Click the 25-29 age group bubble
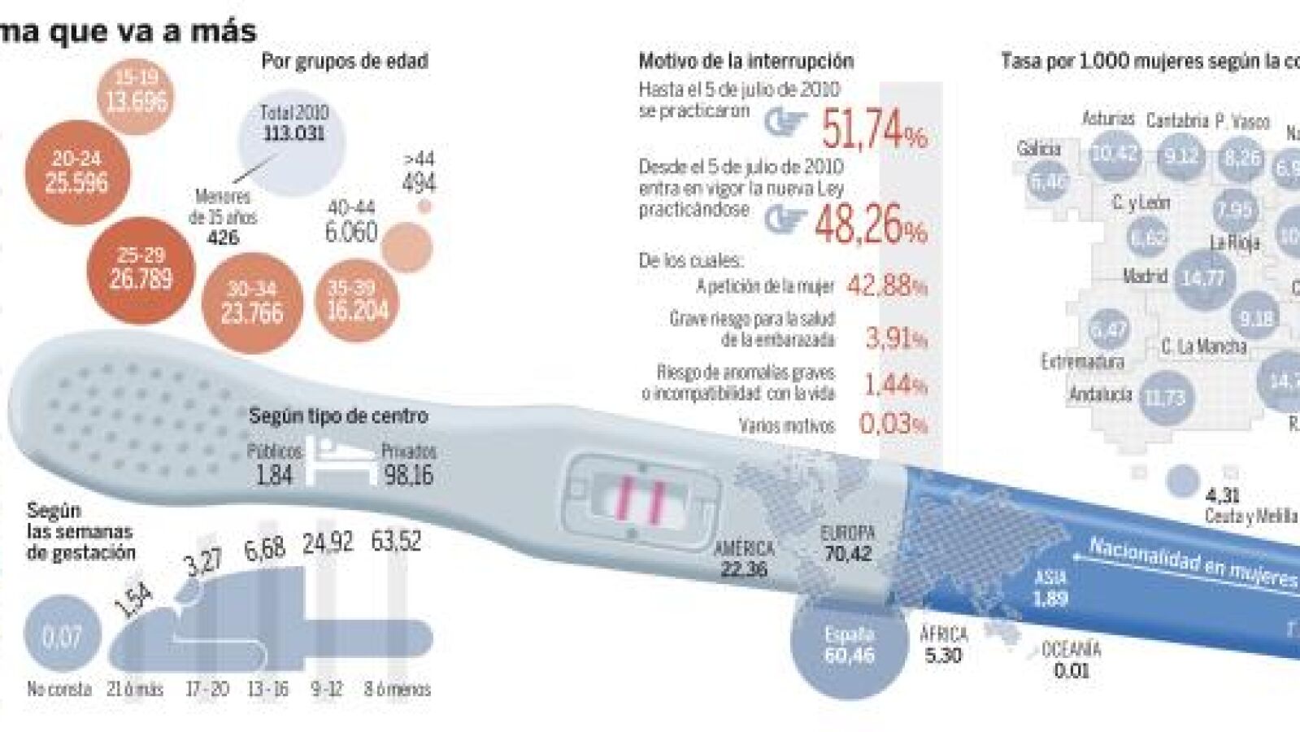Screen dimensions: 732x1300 (141, 269)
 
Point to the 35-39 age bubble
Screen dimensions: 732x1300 (358, 299)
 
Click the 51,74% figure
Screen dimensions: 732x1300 (873, 129)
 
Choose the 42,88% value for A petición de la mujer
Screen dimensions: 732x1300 (886, 285)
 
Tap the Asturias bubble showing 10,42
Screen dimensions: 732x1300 (1114, 153)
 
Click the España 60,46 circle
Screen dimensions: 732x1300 (849, 645)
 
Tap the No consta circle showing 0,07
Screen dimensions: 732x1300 (62, 636)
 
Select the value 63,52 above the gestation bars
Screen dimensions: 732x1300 (396, 541)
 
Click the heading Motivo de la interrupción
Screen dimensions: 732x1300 (746, 61)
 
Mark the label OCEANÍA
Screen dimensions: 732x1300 (1071, 650)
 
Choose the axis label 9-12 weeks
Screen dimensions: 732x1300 (326, 689)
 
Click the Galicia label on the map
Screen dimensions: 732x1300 (1038, 149)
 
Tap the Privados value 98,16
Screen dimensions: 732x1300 (408, 475)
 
